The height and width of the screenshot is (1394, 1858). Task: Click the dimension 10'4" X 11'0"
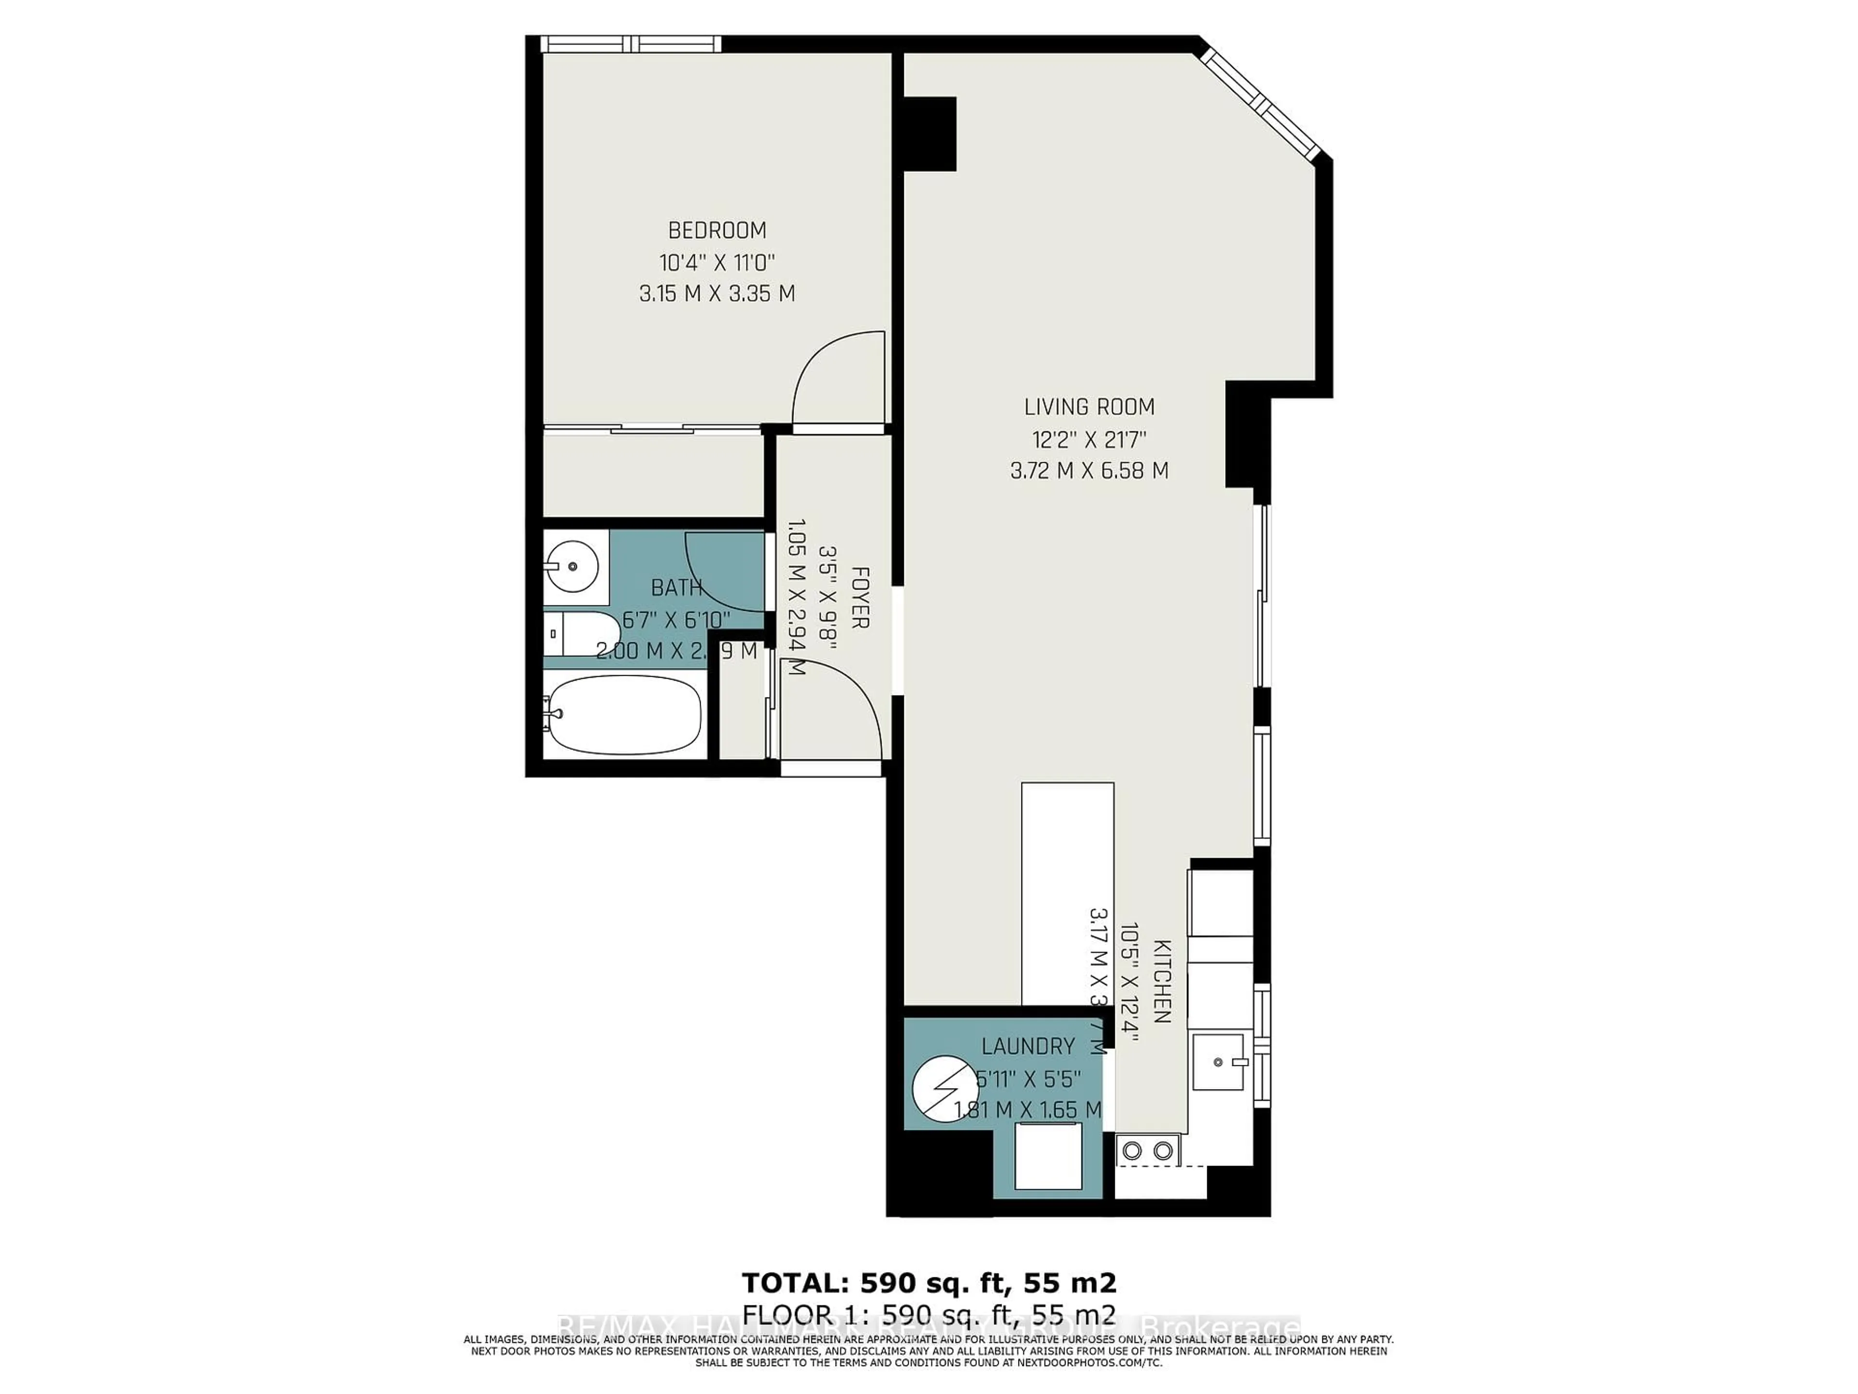[x=717, y=262]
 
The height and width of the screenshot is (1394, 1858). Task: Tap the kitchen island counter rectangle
[x=1067, y=891]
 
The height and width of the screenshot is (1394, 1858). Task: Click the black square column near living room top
[x=930, y=133]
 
